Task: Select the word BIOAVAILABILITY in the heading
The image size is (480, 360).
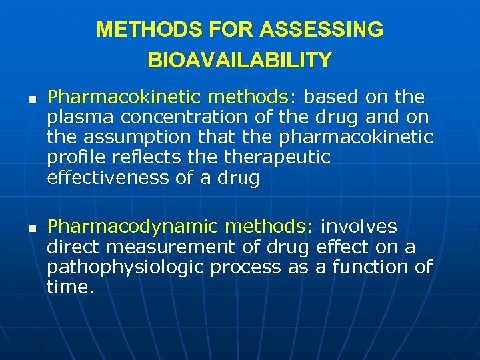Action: point(239,61)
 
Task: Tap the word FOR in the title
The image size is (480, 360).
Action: point(231,30)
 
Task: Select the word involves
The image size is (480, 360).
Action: point(359,227)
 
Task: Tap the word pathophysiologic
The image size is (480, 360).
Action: point(125,268)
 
